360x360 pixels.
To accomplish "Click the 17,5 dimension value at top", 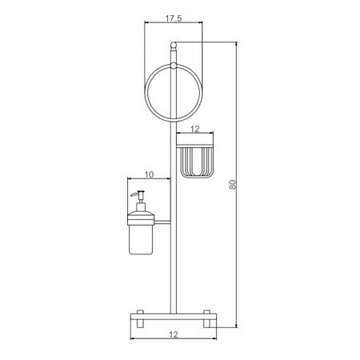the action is (174, 18).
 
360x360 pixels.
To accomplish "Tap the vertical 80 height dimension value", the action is (233, 185).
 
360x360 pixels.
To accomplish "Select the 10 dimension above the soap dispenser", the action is (150, 174).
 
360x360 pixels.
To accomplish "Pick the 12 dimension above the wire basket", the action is (195, 129).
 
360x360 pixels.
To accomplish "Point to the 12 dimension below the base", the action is (174, 334).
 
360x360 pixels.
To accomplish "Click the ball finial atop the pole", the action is (174, 45).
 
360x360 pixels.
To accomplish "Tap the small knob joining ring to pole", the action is (174, 66).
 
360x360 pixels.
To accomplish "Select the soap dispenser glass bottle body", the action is (141, 239).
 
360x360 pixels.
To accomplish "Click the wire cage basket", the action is (198, 162).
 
